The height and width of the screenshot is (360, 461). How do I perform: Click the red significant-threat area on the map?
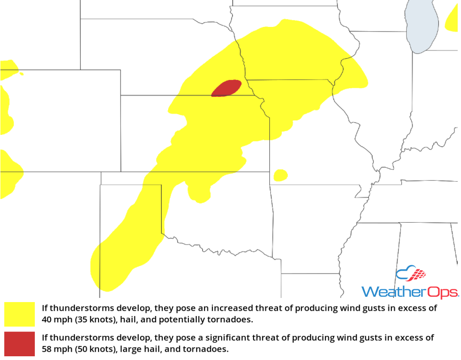point(227,88)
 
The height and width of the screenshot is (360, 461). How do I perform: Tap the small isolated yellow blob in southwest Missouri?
point(280,175)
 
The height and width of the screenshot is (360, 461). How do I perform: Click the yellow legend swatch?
point(19,314)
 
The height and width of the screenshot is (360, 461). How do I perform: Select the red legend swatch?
point(19,343)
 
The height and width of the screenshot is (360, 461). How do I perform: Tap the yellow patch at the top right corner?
point(452,22)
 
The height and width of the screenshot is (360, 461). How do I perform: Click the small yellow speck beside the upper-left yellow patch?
point(22,74)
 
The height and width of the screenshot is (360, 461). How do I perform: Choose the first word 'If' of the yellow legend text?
point(44,308)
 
